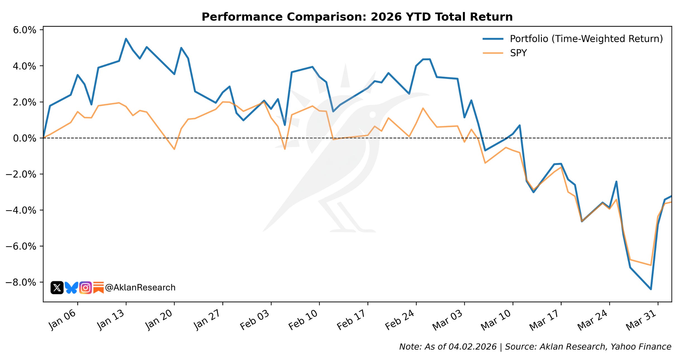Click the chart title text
point(357,17)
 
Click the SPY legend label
point(518,53)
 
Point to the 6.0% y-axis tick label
point(25,30)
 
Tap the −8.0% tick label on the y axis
point(21,282)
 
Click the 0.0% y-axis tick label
point(25,138)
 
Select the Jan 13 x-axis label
point(110,320)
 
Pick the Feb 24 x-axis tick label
point(400,320)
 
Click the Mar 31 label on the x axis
point(641,320)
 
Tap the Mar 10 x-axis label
point(496,320)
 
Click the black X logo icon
point(57,287)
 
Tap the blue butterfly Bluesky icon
point(71,287)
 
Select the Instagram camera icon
point(86,287)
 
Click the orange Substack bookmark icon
point(98,287)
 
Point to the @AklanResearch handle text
point(140,287)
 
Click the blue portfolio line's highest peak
point(126,39)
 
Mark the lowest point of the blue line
point(651,289)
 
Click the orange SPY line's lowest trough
point(651,265)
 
